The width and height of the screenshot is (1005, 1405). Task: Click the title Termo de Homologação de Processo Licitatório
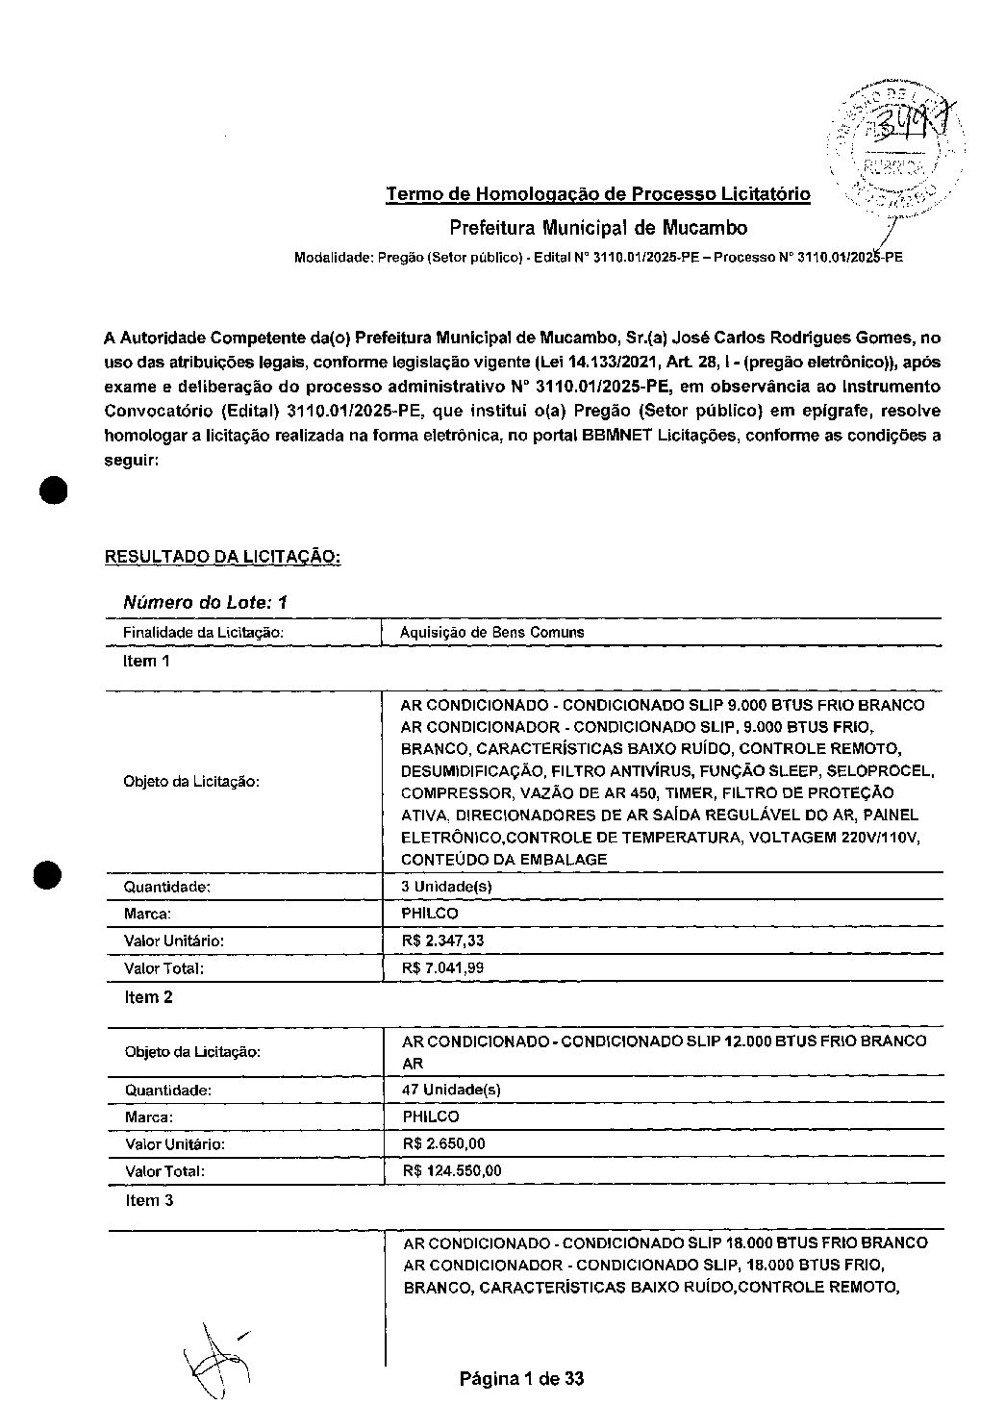click(x=597, y=195)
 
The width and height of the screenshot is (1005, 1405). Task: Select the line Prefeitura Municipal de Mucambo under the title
click(x=597, y=228)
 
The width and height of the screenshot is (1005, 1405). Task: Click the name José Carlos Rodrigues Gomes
click(x=791, y=338)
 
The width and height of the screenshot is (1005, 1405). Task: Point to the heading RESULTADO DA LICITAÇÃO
click(x=222, y=557)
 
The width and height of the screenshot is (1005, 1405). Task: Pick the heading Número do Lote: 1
click(x=205, y=603)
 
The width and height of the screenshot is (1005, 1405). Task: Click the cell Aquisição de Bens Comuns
click(x=492, y=632)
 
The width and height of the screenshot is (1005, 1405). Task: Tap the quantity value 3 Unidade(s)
click(x=446, y=887)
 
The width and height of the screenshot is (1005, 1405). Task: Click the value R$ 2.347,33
click(x=442, y=941)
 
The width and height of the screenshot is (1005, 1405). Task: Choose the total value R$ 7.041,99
click(x=442, y=968)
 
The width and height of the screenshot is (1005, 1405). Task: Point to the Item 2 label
click(x=149, y=997)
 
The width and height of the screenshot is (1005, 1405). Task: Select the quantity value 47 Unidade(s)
click(x=451, y=1090)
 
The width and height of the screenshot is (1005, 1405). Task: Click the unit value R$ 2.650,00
click(x=443, y=1143)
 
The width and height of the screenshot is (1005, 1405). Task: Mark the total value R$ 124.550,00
click(x=451, y=1171)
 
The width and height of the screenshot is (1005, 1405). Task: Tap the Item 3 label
click(x=149, y=1200)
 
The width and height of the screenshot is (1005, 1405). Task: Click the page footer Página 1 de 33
click(x=521, y=1379)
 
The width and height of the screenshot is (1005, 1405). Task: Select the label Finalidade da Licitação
click(x=203, y=632)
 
